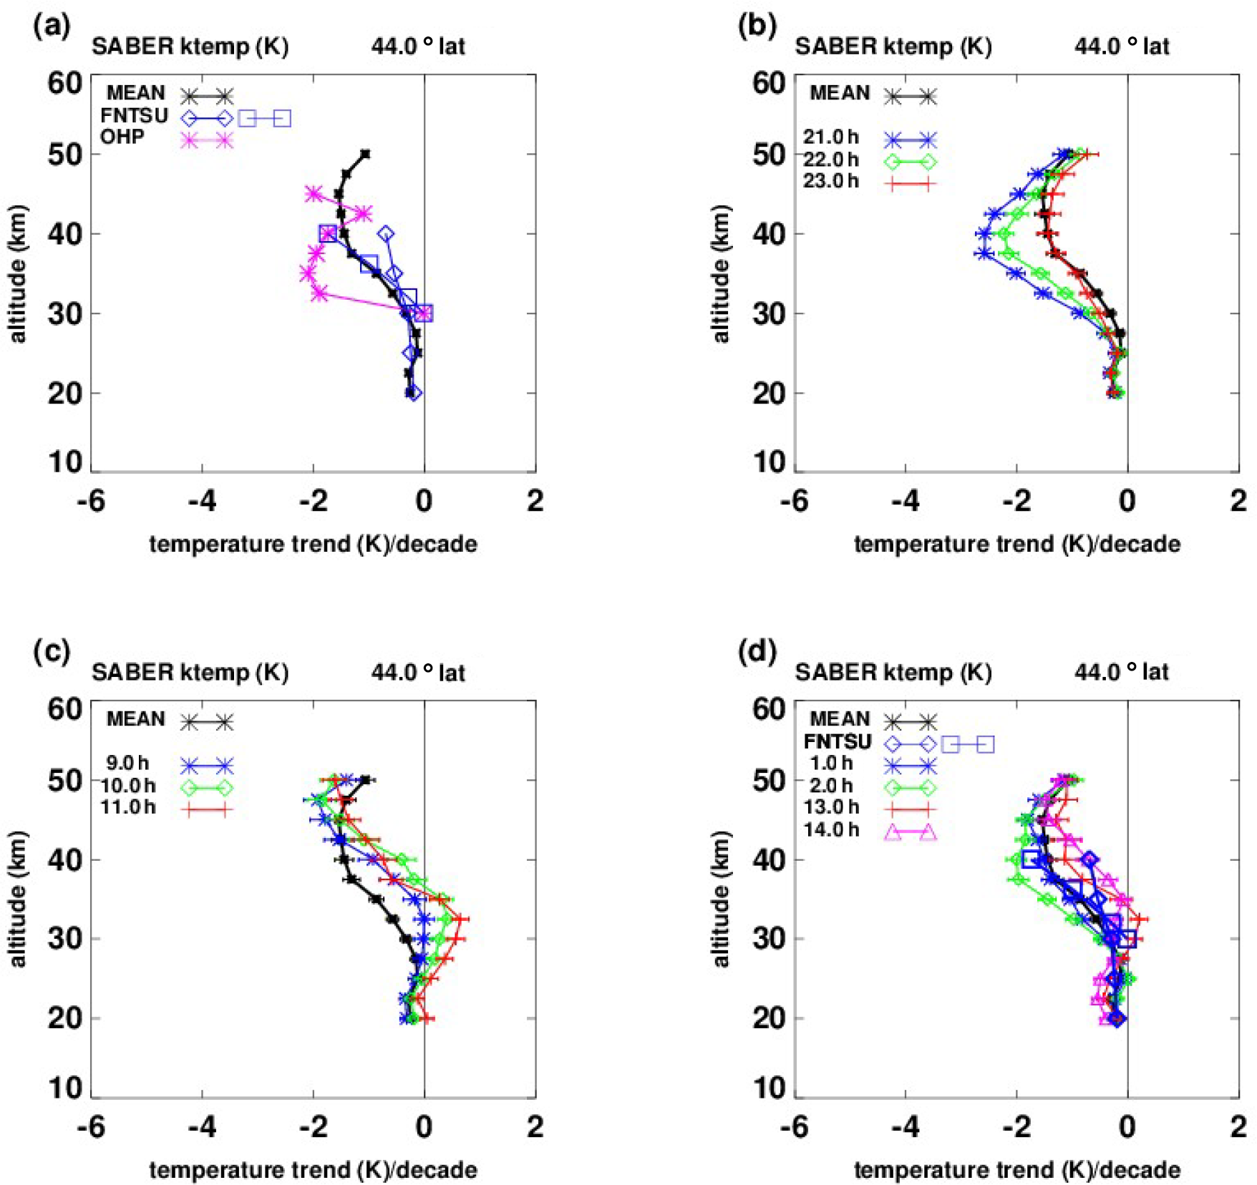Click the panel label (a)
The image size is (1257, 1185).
coord(52,26)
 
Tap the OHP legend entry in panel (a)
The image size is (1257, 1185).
coord(122,137)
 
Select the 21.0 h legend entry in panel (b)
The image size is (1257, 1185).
coord(830,137)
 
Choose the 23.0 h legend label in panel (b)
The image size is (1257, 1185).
coord(830,181)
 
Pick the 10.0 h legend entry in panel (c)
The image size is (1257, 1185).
coord(127,786)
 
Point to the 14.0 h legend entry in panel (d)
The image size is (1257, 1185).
coord(830,830)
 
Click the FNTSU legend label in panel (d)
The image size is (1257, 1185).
coord(837,741)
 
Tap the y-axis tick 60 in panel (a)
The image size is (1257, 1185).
coord(65,83)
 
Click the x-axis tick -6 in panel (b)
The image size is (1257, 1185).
coord(795,501)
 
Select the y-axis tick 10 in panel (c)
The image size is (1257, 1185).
coord(65,1088)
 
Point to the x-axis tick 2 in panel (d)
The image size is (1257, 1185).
coord(1238,1127)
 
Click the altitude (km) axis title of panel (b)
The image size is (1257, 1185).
coord(721,273)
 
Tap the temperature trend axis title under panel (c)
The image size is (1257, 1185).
coord(313,1170)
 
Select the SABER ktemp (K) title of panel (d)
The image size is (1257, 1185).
coord(893,672)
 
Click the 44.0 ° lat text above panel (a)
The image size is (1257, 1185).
coord(418,47)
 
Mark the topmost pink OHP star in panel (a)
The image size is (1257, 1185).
coord(313,193)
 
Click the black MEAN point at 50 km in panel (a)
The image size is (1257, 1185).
coord(365,154)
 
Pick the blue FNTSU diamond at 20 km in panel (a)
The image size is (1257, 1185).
coord(413,393)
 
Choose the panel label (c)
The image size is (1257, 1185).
coord(52,652)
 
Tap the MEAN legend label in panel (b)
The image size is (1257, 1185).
coord(840,93)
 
